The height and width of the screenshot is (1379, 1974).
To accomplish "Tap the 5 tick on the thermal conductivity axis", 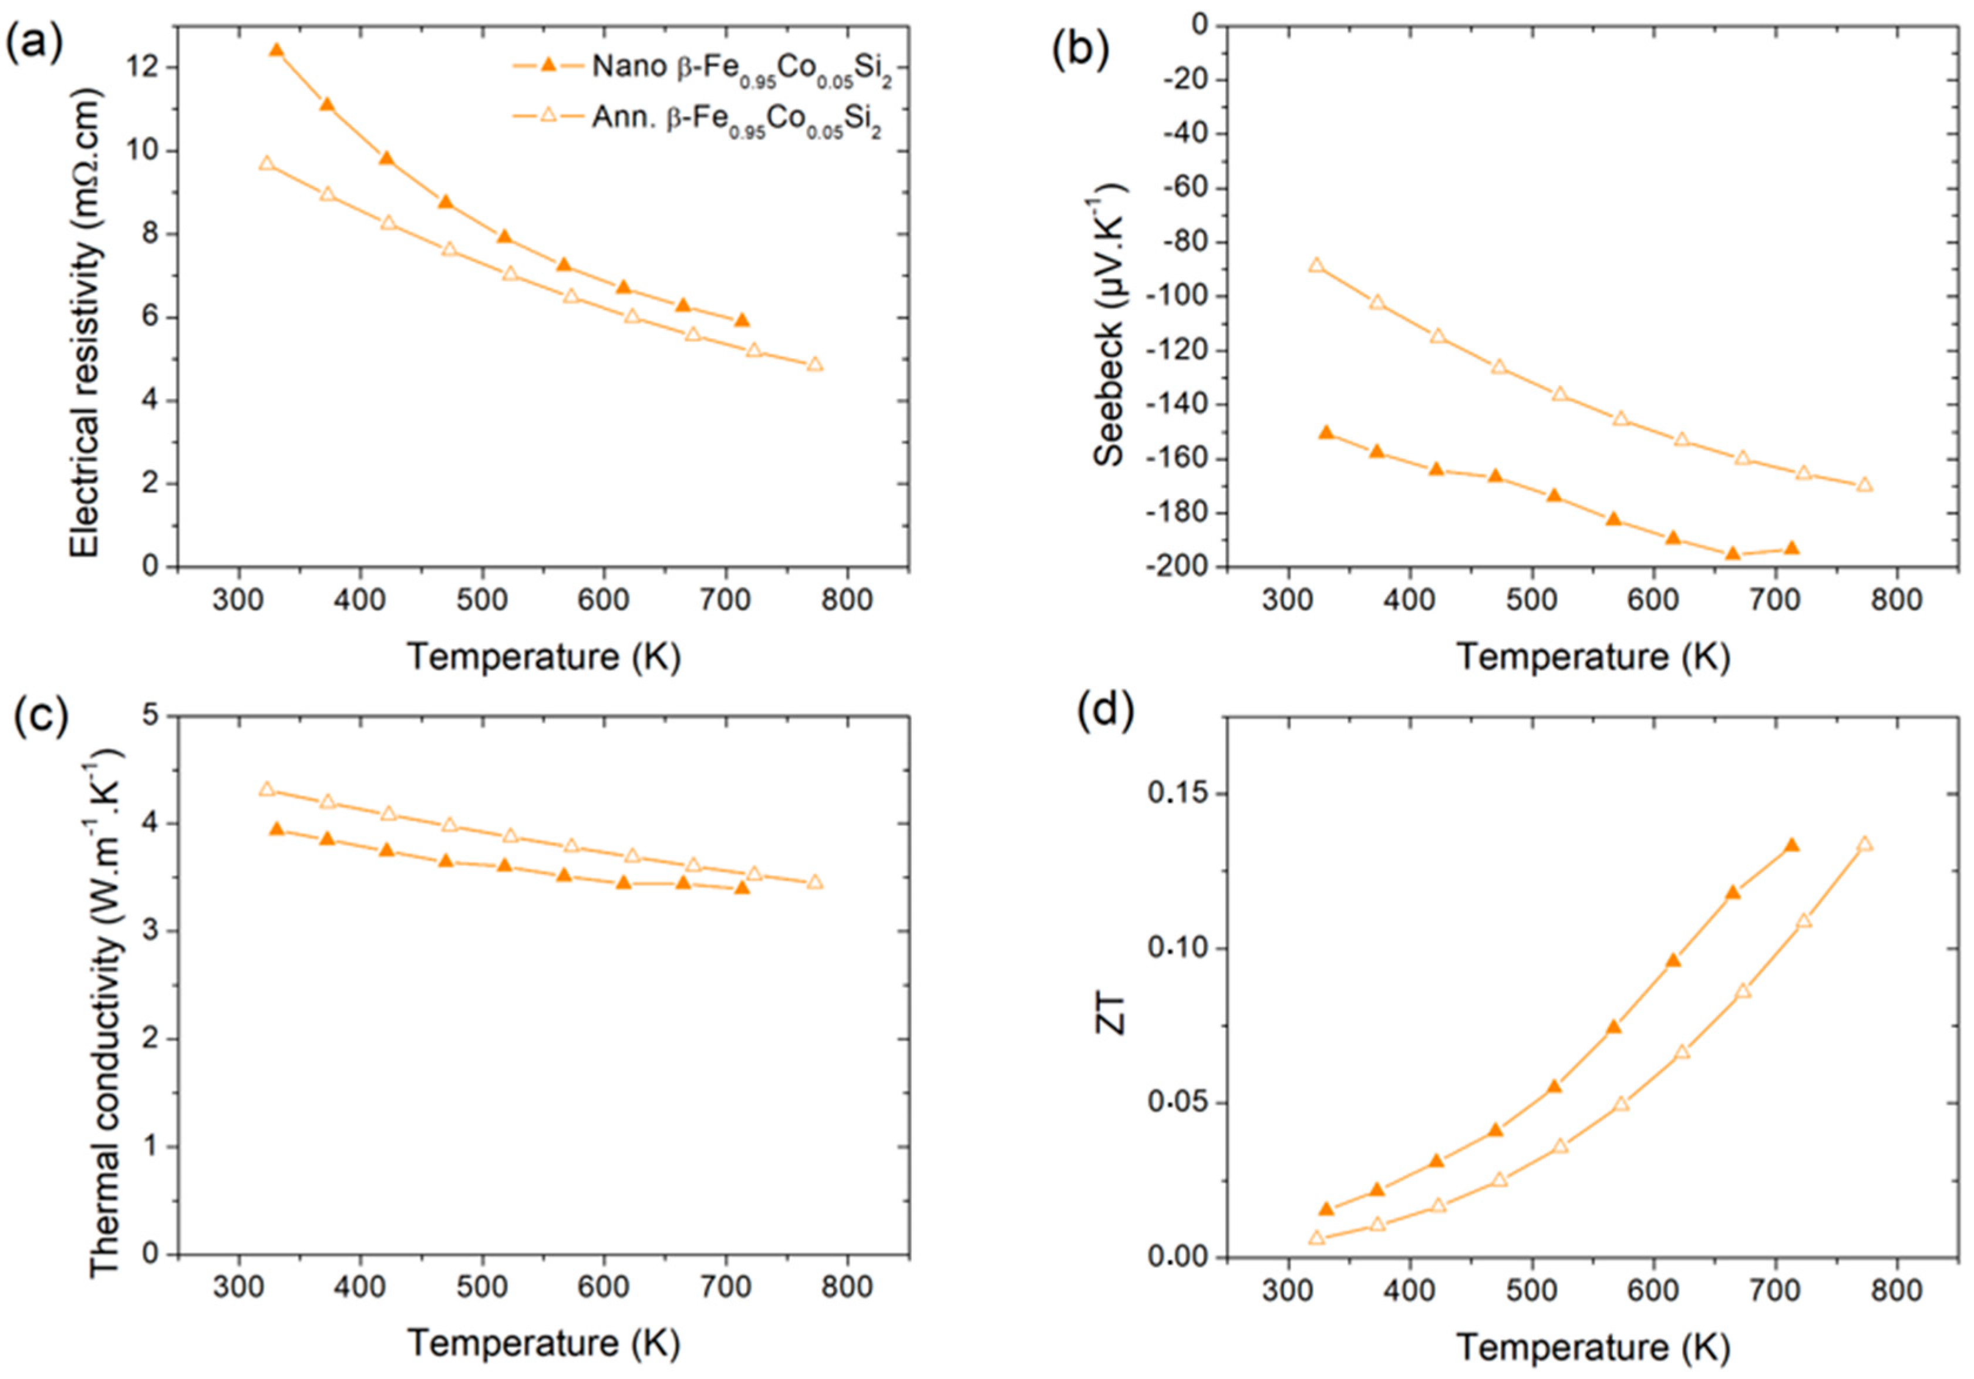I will [x=155, y=716].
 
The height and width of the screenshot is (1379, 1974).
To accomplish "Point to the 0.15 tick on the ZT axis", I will [x=1178, y=793].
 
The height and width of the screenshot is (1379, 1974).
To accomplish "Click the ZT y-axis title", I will [x=1113, y=1021].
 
